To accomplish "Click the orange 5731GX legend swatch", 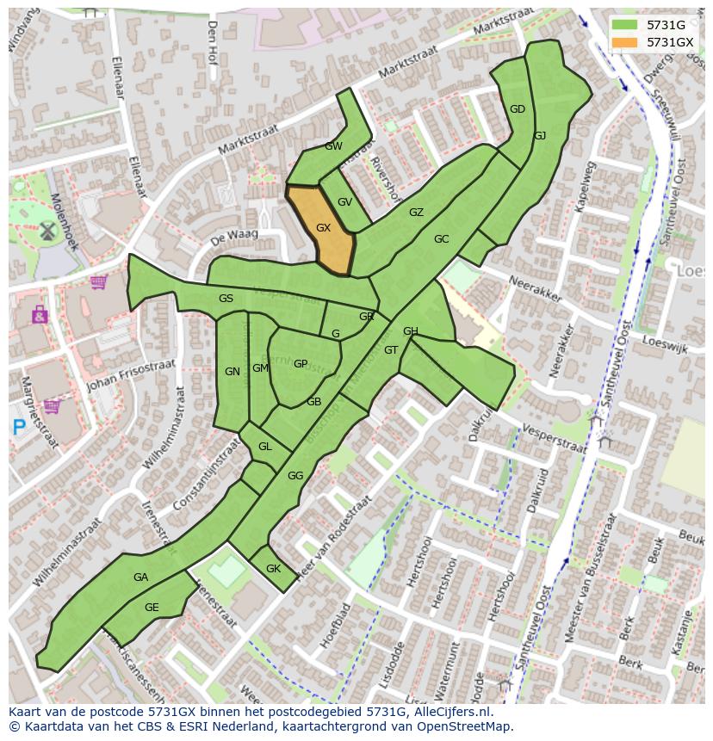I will point(625,42).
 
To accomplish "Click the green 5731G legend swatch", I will point(625,25).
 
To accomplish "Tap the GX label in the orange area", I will point(324,228).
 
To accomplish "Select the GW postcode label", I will point(333,146).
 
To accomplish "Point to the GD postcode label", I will point(518,109).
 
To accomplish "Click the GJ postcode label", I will point(540,136).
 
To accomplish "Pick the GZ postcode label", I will point(416,213).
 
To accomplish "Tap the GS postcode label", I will point(226,299).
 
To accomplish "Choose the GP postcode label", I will point(300,363).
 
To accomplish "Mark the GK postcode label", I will point(273,569).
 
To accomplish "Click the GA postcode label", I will point(141,577).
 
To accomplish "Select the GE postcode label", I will point(152,608).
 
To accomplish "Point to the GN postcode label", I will point(232,372).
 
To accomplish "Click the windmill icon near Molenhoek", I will point(47,230).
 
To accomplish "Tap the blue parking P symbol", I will point(19,425).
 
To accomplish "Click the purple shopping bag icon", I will point(39,315).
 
